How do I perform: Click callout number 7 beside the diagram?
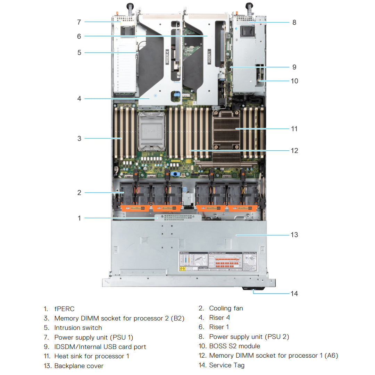tap(79, 22)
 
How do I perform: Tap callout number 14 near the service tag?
tap(294, 293)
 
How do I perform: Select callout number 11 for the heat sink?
tap(294, 129)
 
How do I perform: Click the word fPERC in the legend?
tap(64, 309)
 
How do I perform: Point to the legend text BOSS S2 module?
tap(234, 346)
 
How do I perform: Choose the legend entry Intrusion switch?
tap(78, 327)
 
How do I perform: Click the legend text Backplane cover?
tap(79, 366)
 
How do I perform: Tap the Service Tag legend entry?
tap(227, 365)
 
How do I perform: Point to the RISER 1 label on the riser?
tap(209, 56)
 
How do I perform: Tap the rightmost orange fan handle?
tap(242, 208)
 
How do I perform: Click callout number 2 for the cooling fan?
tap(79, 192)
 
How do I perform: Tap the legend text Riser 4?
tap(219, 317)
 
